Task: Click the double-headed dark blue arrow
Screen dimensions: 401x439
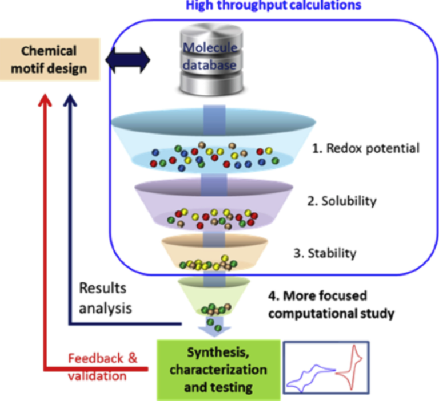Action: click(x=128, y=60)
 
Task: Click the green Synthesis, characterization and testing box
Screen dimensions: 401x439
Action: click(x=219, y=370)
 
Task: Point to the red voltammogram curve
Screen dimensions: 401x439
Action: click(x=351, y=368)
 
